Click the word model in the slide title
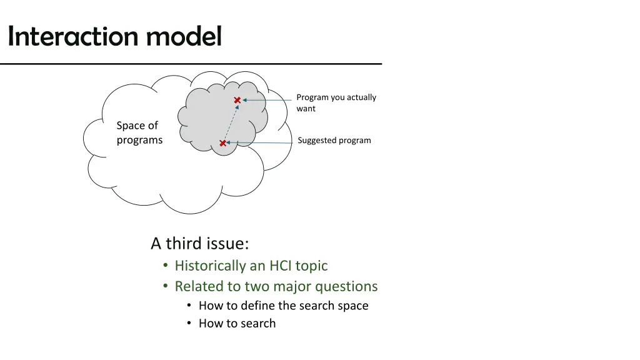click(x=184, y=36)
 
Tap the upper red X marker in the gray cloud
click(x=237, y=100)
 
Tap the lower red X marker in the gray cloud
click(x=222, y=143)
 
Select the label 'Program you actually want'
click(x=336, y=102)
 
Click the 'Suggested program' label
click(x=334, y=140)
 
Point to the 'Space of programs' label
click(x=139, y=132)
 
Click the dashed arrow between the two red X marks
click(x=230, y=122)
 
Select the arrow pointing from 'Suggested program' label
click(x=259, y=143)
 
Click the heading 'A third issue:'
click(x=199, y=243)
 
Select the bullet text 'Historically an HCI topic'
click(x=251, y=266)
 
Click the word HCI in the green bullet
click(x=280, y=266)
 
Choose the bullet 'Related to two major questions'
click(x=276, y=286)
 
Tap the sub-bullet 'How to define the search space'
click(x=283, y=306)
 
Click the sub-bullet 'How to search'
click(x=237, y=323)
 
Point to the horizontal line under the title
click(x=191, y=64)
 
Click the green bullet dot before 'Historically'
click(x=166, y=266)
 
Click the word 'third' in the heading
click(x=182, y=243)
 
